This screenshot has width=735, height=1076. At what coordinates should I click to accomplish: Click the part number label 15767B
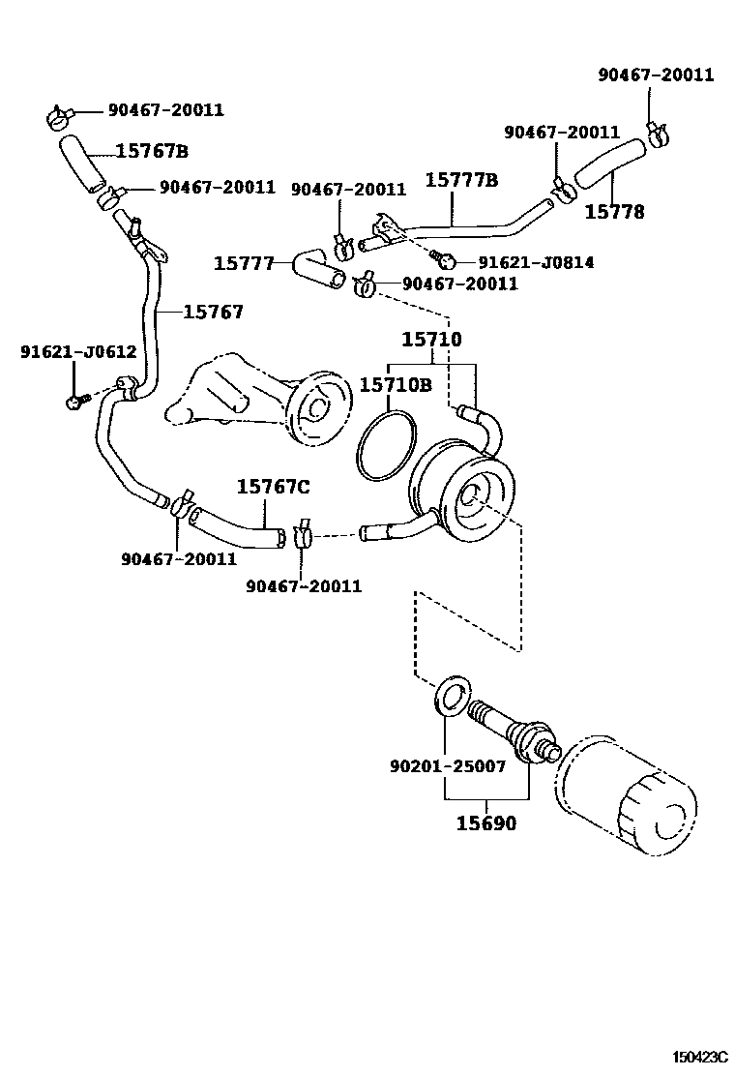pos(152,151)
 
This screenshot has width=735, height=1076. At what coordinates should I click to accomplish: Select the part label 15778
pos(615,212)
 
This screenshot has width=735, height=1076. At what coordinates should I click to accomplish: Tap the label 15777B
pos(462,181)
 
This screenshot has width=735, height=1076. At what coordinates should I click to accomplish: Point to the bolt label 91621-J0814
pos(535,262)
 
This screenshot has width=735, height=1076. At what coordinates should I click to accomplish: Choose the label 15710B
pos(396,385)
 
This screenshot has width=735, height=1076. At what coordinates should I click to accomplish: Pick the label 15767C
pos(274,487)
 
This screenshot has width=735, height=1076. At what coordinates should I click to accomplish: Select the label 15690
pos(486,824)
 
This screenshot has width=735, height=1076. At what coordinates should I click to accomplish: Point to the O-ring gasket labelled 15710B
pos(386,444)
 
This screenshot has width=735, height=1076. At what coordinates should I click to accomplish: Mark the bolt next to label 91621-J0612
pos(75,398)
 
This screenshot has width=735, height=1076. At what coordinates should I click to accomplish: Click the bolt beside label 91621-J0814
pos(445,259)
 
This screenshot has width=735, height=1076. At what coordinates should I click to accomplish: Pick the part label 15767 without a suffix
pos(213,312)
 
